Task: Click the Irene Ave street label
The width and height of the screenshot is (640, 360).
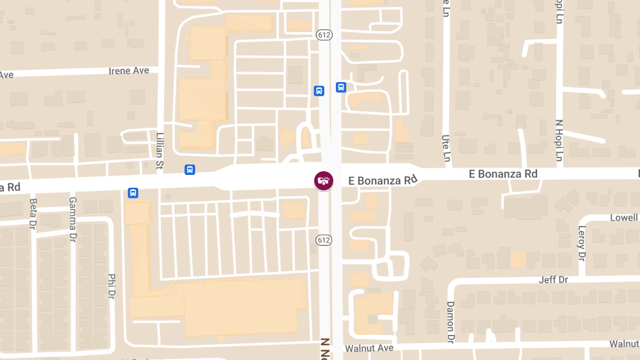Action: pyautogui.click(x=129, y=70)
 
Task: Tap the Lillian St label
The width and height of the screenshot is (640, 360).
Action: pyautogui.click(x=159, y=151)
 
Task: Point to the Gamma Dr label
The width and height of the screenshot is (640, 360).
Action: pyautogui.click(x=73, y=219)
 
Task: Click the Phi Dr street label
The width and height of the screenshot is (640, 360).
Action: pyautogui.click(x=111, y=286)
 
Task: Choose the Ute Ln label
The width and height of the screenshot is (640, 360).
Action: pyautogui.click(x=446, y=148)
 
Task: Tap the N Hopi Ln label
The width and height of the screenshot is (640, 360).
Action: pyautogui.click(x=559, y=140)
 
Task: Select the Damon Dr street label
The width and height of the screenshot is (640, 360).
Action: pyautogui.click(x=450, y=322)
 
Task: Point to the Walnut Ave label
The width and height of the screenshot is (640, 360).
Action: pyautogui.click(x=369, y=348)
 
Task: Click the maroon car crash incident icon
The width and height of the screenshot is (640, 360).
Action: pyautogui.click(x=323, y=180)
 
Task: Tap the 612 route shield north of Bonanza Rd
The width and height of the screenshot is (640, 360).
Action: pyautogui.click(x=324, y=35)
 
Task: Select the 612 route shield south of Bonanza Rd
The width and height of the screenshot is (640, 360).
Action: pyautogui.click(x=324, y=240)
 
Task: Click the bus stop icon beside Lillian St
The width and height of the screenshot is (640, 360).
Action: pyautogui.click(x=189, y=170)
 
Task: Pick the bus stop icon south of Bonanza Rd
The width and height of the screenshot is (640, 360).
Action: pyautogui.click(x=133, y=193)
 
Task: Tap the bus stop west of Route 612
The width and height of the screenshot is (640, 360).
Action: pyautogui.click(x=319, y=91)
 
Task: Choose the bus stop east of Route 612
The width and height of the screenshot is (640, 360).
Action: pyautogui.click(x=341, y=87)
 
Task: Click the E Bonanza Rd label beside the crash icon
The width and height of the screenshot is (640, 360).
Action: pyautogui.click(x=382, y=181)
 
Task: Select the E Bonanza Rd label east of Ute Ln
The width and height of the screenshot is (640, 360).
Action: pyautogui.click(x=503, y=174)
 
